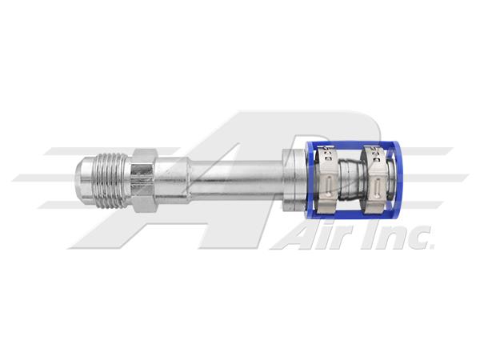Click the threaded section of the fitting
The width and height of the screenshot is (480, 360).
click(x=114, y=181)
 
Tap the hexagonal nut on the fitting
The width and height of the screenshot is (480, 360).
click(x=144, y=181)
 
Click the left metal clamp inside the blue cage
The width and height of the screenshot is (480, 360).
click(x=326, y=181)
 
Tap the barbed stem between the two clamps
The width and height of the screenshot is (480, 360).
click(x=350, y=181)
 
